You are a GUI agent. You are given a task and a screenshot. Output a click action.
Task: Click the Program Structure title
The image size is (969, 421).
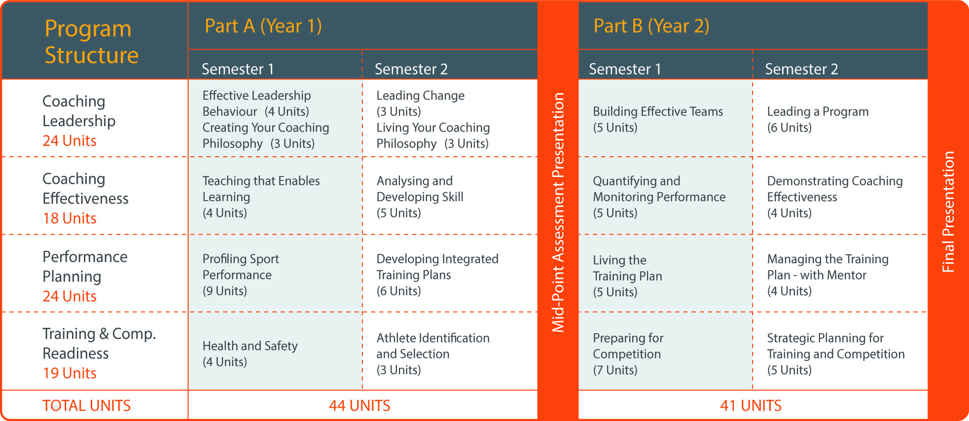tap(92, 42)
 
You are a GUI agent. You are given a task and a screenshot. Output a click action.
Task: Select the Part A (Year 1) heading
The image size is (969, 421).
tap(263, 26)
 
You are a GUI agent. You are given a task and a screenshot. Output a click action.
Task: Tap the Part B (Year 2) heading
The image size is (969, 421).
tap(651, 26)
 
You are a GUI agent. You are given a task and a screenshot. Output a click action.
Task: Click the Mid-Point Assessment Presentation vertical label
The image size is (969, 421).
tap(558, 212)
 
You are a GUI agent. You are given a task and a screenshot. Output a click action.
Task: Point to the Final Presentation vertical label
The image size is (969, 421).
tap(948, 212)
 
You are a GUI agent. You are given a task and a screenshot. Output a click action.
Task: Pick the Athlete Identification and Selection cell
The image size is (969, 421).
tap(433, 353)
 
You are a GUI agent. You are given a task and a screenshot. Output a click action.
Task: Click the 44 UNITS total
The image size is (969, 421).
tap(359, 406)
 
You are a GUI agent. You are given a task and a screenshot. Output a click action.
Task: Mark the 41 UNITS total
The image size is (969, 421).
tap(751, 406)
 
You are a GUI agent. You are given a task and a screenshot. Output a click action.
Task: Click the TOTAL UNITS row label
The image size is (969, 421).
tap(86, 406)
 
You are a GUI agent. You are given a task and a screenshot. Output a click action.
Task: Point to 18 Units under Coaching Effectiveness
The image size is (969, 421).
tap(70, 218)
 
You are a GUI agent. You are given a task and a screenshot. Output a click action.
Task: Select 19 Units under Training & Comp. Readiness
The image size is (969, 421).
tap(70, 373)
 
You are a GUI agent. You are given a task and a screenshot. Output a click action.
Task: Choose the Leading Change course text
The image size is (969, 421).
tap(420, 103)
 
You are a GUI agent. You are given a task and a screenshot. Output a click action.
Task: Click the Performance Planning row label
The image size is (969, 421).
tap(85, 267)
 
